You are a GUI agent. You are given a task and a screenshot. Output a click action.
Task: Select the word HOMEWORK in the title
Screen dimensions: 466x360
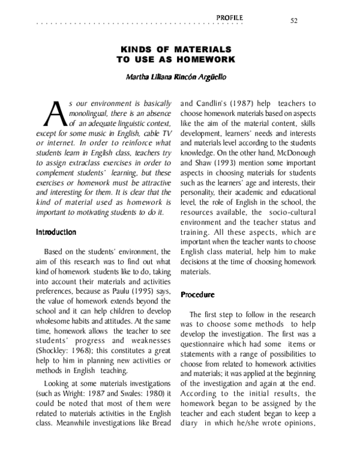pyautogui.click(x=203, y=59)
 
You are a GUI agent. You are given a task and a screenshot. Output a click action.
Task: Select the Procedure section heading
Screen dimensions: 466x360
pyautogui.click(x=197, y=294)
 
